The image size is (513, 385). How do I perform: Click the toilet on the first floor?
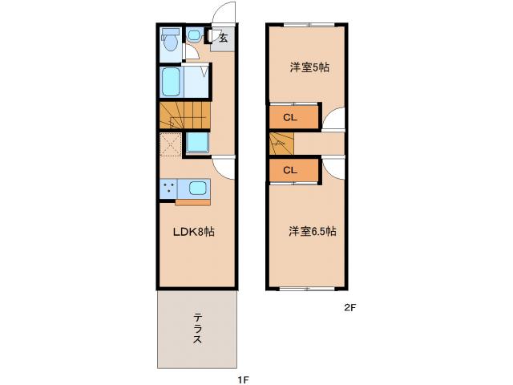168,40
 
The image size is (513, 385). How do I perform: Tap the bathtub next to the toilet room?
171,81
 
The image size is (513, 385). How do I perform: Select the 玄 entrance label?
223,37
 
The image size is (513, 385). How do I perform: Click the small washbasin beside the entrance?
193,37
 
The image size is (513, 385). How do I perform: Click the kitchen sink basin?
197,188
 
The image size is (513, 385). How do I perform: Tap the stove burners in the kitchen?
168,188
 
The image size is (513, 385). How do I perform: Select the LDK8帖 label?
194,232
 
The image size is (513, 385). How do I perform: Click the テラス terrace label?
196,329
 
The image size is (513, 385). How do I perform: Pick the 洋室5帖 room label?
309,67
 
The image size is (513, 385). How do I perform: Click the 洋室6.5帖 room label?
313,232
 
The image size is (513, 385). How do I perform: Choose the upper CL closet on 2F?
290,118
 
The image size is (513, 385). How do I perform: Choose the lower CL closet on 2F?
290,170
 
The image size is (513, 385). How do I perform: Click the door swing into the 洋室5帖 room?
334,120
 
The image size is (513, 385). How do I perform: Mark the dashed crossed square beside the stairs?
171,144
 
